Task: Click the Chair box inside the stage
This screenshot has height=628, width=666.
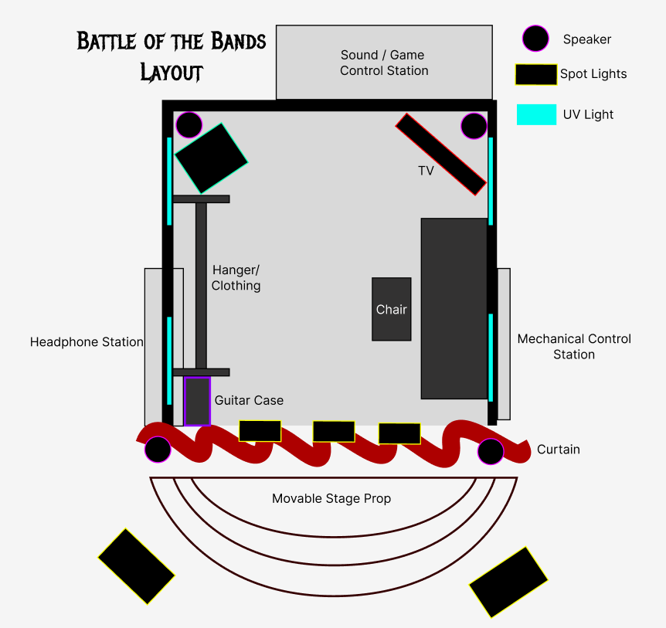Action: pos(391,309)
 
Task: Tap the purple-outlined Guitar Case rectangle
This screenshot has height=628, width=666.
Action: pos(198,401)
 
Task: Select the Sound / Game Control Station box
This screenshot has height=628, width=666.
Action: pos(384,63)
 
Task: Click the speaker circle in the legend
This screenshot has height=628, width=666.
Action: pos(535,39)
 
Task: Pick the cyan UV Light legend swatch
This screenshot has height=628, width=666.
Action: pos(536,114)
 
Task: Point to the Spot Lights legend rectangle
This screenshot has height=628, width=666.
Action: pos(535,74)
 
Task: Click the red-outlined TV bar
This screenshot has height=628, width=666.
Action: pos(440,154)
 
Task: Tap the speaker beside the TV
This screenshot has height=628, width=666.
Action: pos(474,126)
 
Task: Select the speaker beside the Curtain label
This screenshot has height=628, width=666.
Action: pos(491,452)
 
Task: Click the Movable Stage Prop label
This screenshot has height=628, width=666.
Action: pos(331,499)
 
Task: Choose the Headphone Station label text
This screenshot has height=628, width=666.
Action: pos(87,342)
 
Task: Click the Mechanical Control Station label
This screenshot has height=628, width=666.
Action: pos(574,347)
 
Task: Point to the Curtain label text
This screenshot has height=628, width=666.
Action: pos(558,450)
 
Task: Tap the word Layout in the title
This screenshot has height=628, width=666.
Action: pos(172,73)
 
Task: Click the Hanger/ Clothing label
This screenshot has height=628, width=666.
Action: pos(236,278)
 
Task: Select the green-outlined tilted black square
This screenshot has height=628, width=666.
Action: pos(211,158)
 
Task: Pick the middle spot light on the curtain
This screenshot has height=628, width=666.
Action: pos(334,431)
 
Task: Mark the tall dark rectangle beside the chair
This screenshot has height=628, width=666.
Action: pos(454,308)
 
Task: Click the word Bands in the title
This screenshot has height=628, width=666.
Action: pos(232,41)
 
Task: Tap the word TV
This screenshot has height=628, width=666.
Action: pos(426,171)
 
